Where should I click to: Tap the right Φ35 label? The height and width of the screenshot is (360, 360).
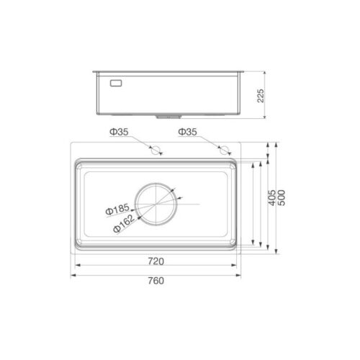[189, 132]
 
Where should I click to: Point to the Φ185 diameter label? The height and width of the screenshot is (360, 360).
[116, 211]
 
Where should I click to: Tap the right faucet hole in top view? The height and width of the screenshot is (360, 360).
[223, 150]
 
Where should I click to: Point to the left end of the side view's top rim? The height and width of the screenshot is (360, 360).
[93, 71]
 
